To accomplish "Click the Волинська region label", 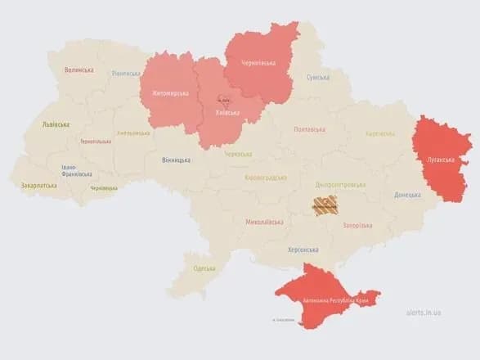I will [79, 70].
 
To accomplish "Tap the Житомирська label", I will [169, 93].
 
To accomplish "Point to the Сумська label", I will [318, 77].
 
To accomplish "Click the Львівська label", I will [56, 124].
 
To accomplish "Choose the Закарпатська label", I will [38, 186].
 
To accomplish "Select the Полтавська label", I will [310, 129].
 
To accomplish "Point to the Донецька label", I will [407, 195].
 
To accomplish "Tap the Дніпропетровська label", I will [339, 184].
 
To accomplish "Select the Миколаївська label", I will [264, 222].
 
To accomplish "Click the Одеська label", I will [204, 268].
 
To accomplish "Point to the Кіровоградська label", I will [266, 177].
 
